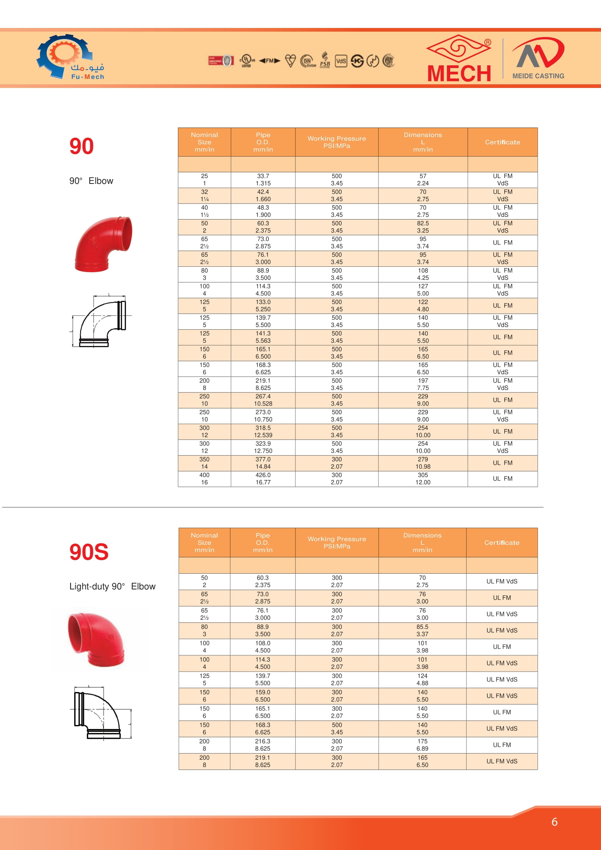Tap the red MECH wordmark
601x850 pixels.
coord(459,73)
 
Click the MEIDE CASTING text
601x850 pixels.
coord(538,76)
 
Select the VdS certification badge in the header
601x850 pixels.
coord(341,61)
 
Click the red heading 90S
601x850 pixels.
coord(89,552)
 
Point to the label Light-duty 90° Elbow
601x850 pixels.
coord(112,587)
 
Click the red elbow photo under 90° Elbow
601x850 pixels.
coord(103,244)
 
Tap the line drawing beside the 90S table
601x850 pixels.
coord(101,712)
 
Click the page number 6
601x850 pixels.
coord(554,822)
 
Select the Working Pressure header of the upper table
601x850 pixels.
coord(336,142)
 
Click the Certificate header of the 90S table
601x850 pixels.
coord(501,542)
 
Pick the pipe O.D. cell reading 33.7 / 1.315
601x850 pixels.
coord(263,180)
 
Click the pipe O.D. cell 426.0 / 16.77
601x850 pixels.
coord(263,479)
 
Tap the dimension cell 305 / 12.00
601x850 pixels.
coord(423,479)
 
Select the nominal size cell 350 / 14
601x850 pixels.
coord(204,463)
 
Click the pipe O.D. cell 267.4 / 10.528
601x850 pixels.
coord(263,400)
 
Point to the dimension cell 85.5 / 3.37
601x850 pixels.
coord(422,631)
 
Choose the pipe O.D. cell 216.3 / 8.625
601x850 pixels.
coord(262,745)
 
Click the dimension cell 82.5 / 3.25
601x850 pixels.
coord(423,227)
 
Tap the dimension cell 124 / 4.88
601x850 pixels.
coord(422,679)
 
